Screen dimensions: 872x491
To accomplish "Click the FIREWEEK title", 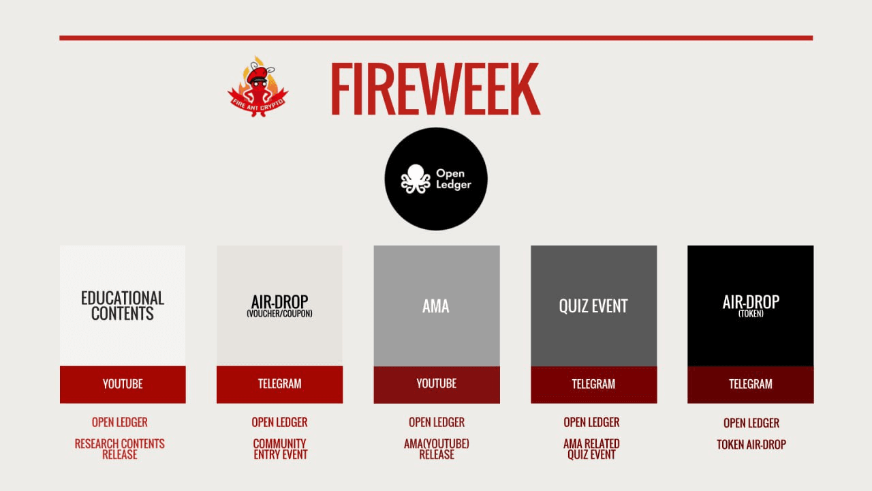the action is point(435,89).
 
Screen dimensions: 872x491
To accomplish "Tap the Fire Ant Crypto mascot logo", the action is point(258,87).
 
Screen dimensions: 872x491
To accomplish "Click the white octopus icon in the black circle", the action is point(416,179).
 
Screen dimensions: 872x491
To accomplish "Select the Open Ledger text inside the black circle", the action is point(454,179).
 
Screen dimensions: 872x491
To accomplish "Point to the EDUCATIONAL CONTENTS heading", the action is point(123,306).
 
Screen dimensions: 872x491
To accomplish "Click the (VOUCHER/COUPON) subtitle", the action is point(279,314).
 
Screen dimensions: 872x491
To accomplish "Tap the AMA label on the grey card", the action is point(436,306).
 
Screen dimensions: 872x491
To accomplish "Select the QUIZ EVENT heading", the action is point(593,306).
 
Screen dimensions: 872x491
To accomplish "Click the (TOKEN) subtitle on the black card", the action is point(751,314).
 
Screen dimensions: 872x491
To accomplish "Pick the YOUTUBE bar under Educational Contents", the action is point(123,384).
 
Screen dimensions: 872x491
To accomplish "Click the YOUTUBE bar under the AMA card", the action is point(437,384).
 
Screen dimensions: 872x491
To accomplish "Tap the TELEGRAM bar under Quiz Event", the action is point(593,384).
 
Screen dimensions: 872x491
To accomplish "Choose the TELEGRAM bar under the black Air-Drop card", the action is point(751,384).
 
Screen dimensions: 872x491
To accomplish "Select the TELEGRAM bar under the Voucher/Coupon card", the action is point(279,384).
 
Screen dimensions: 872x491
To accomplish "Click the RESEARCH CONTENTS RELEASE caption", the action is point(119,449).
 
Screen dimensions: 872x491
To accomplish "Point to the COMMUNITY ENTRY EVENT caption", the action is point(280,449).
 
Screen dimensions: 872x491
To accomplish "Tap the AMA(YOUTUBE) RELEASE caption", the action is point(437,449).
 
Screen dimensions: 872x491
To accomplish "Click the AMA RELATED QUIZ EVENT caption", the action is point(592,449).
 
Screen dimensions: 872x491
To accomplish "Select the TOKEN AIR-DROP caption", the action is point(751,445).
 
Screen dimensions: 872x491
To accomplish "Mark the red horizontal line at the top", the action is point(436,38).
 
